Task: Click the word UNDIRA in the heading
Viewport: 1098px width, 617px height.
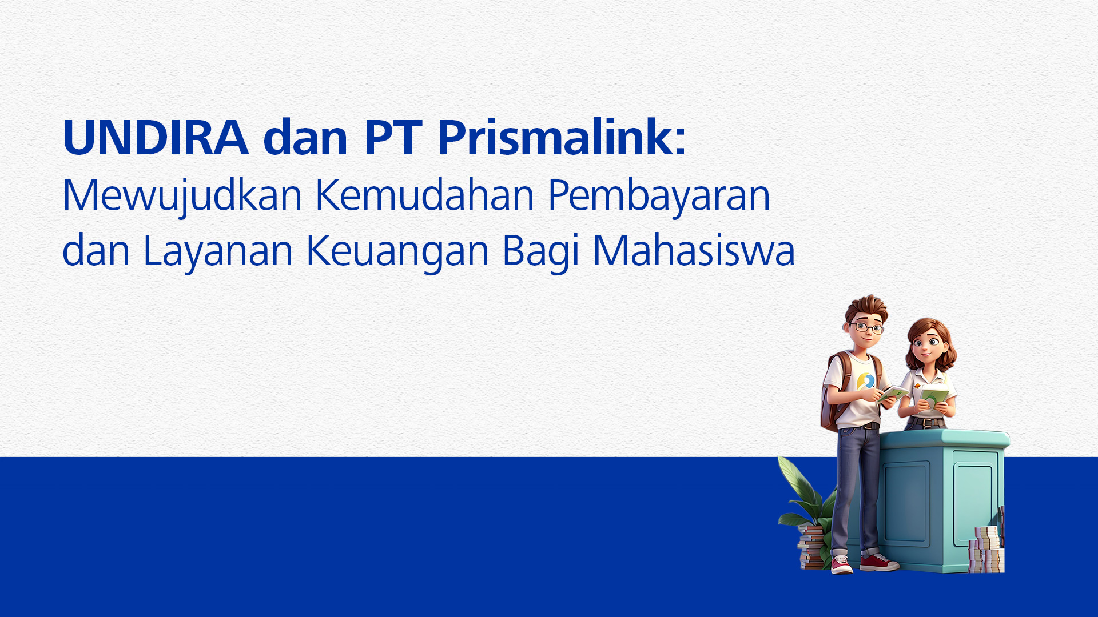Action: tap(156, 138)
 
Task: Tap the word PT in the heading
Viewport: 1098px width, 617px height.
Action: tap(393, 138)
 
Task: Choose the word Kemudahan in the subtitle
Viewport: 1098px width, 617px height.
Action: tap(425, 195)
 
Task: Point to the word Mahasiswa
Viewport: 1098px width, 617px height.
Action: tap(694, 250)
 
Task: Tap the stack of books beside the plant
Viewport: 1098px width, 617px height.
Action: tap(811, 547)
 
